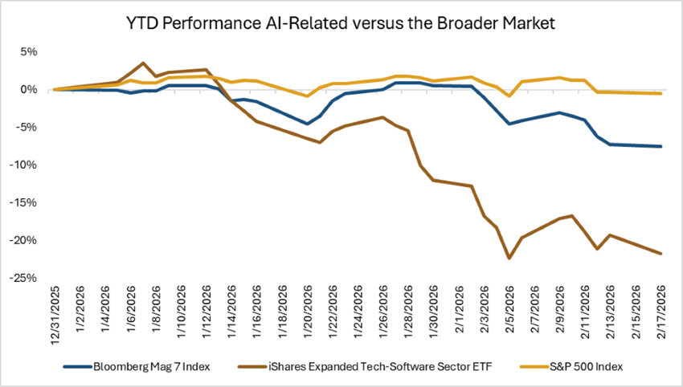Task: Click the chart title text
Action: tap(341, 24)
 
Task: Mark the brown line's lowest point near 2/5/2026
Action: tap(509, 259)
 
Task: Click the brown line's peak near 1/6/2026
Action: tap(143, 63)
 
